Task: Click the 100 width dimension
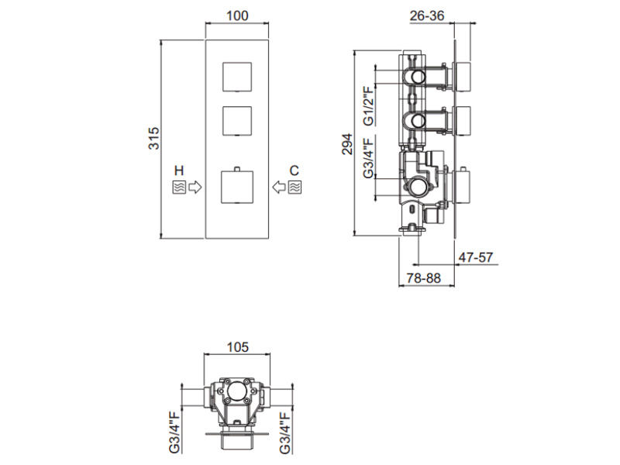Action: (x=237, y=15)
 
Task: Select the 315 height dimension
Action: (x=153, y=138)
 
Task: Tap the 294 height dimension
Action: (x=346, y=144)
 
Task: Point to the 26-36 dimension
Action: (x=427, y=15)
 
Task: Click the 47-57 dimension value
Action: (x=476, y=257)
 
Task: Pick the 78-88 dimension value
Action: (x=423, y=278)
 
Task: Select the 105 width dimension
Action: (x=238, y=346)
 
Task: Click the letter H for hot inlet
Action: (x=179, y=170)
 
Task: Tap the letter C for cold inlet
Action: (x=294, y=170)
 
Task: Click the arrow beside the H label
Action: (x=195, y=187)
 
